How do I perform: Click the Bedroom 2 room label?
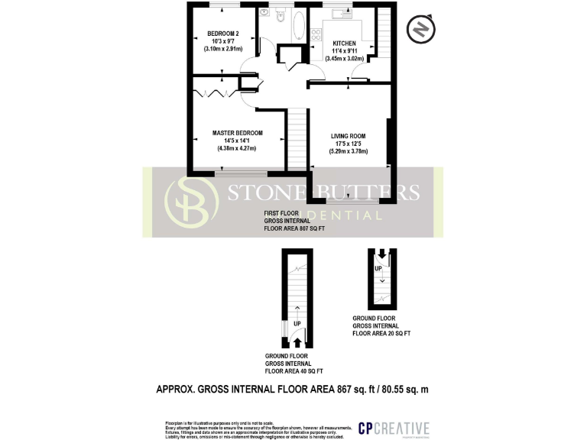[222, 34]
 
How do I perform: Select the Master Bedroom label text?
[238, 133]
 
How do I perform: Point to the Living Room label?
[349, 136]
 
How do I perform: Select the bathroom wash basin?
[264, 12]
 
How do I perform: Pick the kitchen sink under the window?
[341, 13]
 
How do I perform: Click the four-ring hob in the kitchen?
[316, 34]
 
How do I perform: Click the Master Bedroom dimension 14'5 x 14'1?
[238, 141]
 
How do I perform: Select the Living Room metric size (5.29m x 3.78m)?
[349, 151]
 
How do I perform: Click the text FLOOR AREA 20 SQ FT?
[381, 334]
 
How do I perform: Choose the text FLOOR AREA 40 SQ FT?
[294, 372]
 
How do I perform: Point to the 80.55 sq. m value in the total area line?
[404, 389]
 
